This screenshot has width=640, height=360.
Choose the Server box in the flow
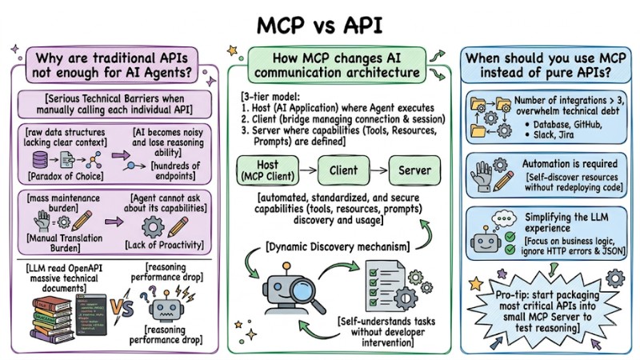pos(416,170)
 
